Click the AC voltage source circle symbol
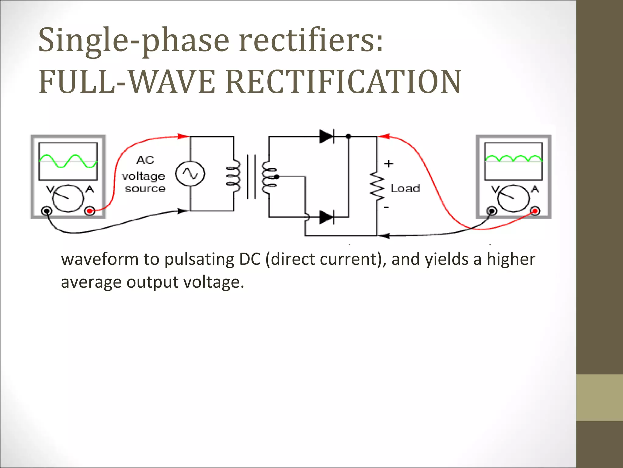click(x=190, y=174)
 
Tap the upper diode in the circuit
click(x=326, y=136)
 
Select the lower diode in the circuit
click(x=326, y=217)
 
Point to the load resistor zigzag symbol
click(x=377, y=186)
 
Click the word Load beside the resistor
click(x=405, y=189)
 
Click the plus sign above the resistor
click(x=388, y=164)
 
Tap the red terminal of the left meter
click(x=90, y=211)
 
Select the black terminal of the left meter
click(x=47, y=211)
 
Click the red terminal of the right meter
click(x=535, y=211)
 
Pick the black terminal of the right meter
click(x=492, y=211)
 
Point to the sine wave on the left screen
click(x=68, y=161)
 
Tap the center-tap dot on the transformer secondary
click(x=276, y=176)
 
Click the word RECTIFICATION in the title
click(x=343, y=82)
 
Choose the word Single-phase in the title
click(x=134, y=40)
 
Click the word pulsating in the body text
click(x=200, y=260)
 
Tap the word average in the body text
click(x=91, y=282)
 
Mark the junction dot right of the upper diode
click(x=348, y=136)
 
